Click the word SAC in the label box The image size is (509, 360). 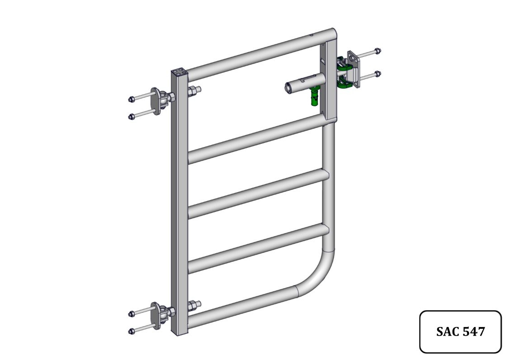coord(447,332)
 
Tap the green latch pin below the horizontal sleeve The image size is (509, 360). coord(314,96)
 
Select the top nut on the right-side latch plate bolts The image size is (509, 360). coord(377,51)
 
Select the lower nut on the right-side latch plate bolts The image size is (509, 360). coord(377,74)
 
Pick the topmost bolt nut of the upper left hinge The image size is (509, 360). coord(132,99)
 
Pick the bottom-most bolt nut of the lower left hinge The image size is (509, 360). coord(132,332)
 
